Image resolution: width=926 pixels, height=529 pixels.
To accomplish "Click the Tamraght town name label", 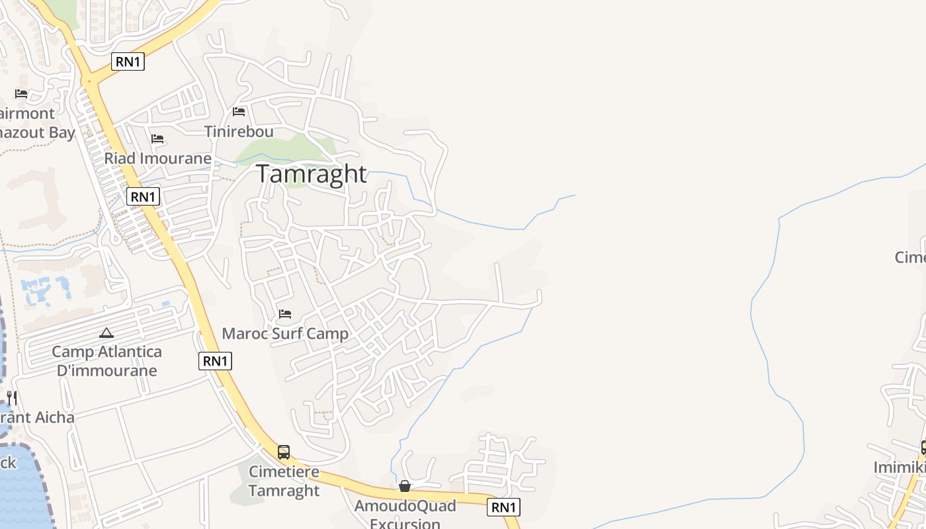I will click(x=311, y=173).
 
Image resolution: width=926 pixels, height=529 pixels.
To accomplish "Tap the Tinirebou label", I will click(x=239, y=131).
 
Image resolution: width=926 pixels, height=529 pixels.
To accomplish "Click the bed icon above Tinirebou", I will click(x=239, y=112).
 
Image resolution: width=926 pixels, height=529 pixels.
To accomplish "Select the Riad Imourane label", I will click(x=157, y=158).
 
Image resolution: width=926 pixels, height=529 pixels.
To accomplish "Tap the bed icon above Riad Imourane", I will click(x=157, y=139).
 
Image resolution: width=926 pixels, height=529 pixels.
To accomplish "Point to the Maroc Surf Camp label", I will click(x=284, y=333).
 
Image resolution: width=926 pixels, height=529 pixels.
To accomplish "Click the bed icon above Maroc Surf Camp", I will click(x=285, y=313).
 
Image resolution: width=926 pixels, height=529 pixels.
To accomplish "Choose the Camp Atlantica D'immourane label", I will click(x=106, y=360).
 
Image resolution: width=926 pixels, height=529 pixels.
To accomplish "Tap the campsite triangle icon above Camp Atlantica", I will click(x=106, y=333).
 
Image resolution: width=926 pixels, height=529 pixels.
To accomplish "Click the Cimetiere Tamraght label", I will click(x=284, y=481).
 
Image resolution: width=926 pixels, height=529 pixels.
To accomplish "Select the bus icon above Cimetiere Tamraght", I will click(x=284, y=452).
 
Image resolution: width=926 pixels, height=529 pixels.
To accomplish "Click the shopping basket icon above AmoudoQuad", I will click(x=405, y=487).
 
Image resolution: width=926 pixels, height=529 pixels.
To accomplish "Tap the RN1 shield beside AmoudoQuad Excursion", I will click(x=503, y=507).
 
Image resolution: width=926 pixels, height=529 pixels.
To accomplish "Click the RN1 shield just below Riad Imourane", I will click(x=143, y=196).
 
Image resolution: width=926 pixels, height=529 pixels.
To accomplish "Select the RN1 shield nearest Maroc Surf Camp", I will click(x=215, y=360).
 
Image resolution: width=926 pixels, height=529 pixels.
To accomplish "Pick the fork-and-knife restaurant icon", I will click(x=11, y=397).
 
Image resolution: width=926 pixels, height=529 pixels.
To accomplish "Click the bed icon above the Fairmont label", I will click(x=21, y=94).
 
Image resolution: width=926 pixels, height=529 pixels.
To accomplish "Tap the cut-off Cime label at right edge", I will click(x=910, y=257).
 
